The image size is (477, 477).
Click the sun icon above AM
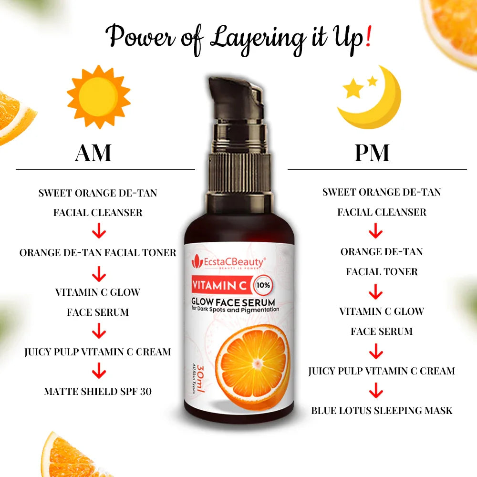coord(99,96)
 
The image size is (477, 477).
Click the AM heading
coord(93,153)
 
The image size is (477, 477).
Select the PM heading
coord(372,153)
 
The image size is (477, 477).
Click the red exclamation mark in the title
coord(368,36)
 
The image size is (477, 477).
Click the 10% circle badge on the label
coord(263,285)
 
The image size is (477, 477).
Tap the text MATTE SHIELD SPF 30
coord(98,391)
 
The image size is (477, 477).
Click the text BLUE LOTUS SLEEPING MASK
coord(382,410)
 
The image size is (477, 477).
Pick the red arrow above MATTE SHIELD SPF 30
coord(99,370)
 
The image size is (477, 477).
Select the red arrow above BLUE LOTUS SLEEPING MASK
coord(376,390)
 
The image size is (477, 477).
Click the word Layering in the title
coord(258,39)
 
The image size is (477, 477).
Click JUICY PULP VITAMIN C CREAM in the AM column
coord(98,352)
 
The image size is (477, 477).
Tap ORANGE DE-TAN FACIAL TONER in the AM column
coord(98,252)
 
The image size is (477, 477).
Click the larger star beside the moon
coord(353,89)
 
